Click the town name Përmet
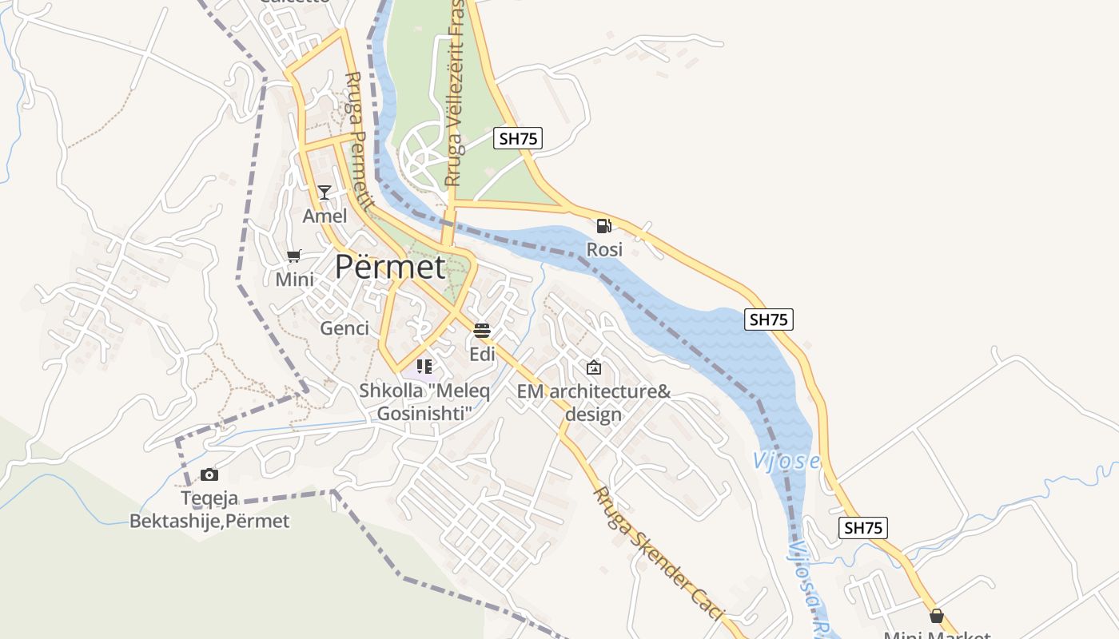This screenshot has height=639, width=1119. [x=389, y=267]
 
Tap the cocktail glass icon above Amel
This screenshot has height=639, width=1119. [x=325, y=192]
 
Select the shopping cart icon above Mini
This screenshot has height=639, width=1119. [x=294, y=256]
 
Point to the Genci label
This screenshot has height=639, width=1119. [x=344, y=328]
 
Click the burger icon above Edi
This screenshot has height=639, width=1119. [x=481, y=331]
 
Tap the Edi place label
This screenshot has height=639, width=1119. [x=482, y=355]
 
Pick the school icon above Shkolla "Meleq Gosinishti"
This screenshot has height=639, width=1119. [x=424, y=367]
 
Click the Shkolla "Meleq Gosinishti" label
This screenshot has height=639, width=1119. [x=424, y=402]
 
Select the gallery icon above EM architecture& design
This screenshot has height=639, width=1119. [x=593, y=367]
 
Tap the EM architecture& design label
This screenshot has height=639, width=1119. [x=593, y=403]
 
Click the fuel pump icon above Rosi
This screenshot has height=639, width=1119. [x=603, y=226]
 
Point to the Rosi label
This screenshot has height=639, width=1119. [x=604, y=250]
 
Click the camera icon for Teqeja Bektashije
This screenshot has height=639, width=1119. [x=209, y=475]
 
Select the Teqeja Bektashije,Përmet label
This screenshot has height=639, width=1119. [x=209, y=510]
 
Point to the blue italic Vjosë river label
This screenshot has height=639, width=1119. [x=786, y=461]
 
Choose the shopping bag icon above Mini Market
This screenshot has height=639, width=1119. [x=936, y=617]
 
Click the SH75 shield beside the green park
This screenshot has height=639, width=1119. [x=518, y=138]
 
